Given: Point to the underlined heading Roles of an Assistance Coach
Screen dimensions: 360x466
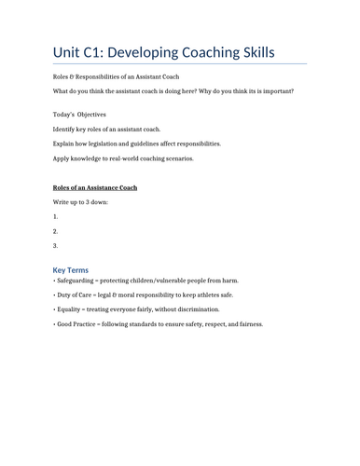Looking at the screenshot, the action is point(95,187).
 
